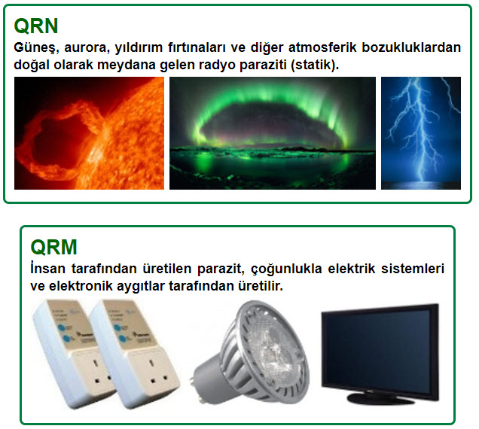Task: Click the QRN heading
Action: point(36,26)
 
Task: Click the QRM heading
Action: point(53,247)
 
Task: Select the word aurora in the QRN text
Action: point(87,48)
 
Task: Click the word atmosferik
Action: point(322,47)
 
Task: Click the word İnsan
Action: point(47,269)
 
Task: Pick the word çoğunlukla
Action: point(286,269)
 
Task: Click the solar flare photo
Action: point(89,133)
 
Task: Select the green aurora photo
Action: point(273,133)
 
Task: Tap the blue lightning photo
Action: point(421,133)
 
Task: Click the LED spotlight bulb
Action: point(251,353)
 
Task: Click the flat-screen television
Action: point(380,354)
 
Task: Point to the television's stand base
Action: point(380,398)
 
